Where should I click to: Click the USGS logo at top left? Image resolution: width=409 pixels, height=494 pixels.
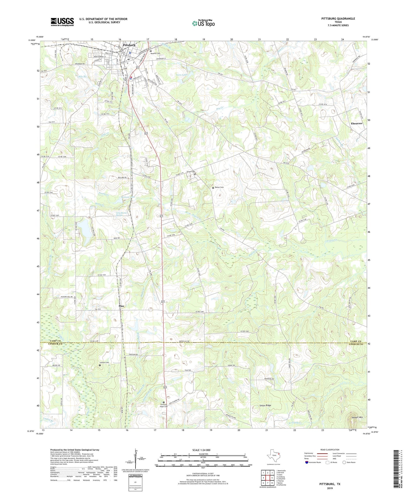point(62,22)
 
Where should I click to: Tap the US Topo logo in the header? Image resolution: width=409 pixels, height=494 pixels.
point(203,23)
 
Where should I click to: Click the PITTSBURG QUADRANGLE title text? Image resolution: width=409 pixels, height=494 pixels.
point(338,19)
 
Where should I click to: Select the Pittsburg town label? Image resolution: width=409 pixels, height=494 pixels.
point(129,45)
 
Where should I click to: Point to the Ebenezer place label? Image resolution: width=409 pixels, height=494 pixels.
point(356,123)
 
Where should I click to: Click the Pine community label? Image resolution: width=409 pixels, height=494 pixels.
point(121,306)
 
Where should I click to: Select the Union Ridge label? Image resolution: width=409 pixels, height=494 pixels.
point(265,406)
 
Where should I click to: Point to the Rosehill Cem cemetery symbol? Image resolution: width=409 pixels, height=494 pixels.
point(151,51)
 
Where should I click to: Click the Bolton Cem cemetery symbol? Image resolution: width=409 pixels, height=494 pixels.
point(213,188)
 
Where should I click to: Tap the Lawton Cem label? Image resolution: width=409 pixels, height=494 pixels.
point(104,362)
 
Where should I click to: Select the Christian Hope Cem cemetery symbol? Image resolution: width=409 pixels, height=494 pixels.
point(164,402)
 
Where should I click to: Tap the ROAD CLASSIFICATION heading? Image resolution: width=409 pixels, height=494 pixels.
point(330,450)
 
